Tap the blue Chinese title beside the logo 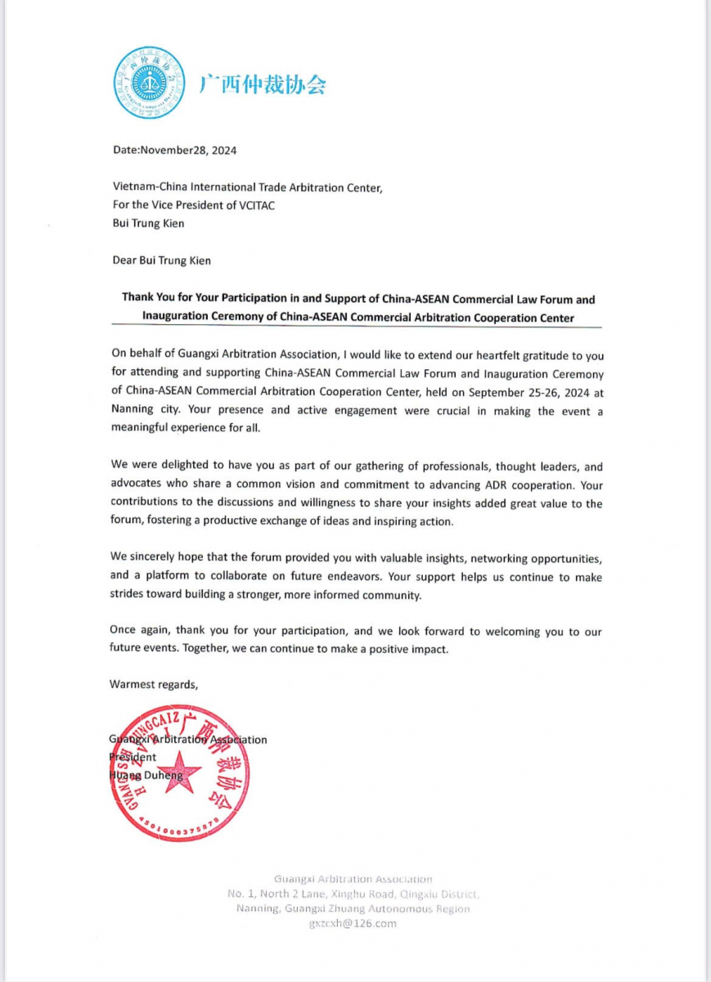263,84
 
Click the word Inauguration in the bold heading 176,317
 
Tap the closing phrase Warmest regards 153,684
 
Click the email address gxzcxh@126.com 353,923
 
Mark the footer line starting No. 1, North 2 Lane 353,894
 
